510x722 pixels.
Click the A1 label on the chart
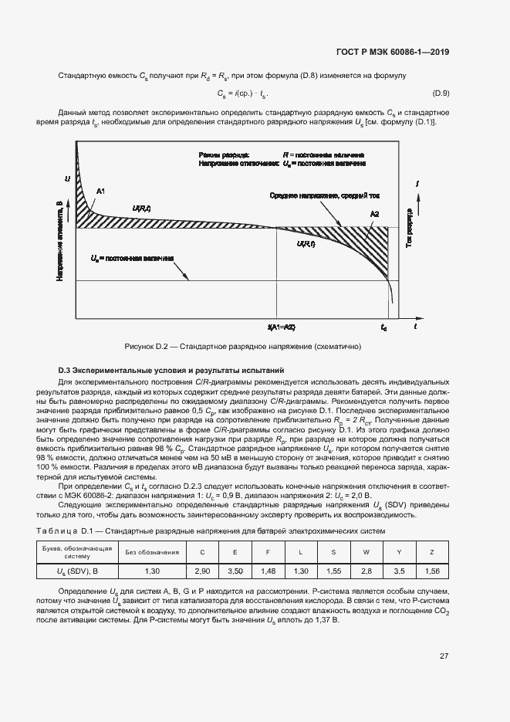pyautogui.click(x=100, y=191)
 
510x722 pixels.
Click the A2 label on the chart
pyautogui.click(x=374, y=213)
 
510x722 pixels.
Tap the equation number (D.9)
pyautogui.click(x=441, y=93)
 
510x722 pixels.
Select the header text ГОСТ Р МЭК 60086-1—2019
pyautogui.click(x=393, y=53)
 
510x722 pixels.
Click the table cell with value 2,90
pyautogui.click(x=203, y=570)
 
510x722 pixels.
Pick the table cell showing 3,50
pyautogui.click(x=235, y=570)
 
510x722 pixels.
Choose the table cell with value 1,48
pyautogui.click(x=268, y=570)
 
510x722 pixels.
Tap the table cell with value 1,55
pyautogui.click(x=333, y=570)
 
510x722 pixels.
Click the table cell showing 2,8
pyautogui.click(x=366, y=570)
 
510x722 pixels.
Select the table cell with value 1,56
pyautogui.click(x=432, y=570)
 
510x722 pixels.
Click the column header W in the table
pyautogui.click(x=366, y=552)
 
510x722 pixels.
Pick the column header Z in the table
pyautogui.click(x=432, y=552)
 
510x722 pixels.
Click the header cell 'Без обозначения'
pyautogui.click(x=153, y=552)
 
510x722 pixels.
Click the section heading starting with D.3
pyautogui.click(x=171, y=371)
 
